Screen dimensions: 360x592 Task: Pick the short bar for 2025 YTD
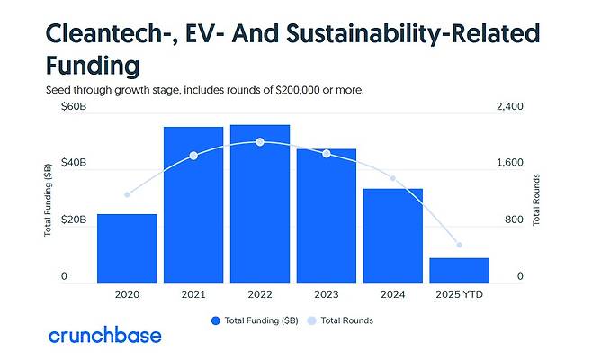[459, 270]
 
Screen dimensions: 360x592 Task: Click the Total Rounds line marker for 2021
[193, 156]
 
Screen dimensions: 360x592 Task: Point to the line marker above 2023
[327, 154]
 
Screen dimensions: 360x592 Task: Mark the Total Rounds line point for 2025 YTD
[459, 245]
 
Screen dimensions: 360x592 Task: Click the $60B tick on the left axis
[73, 107]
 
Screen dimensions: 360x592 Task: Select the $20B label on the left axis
[73, 220]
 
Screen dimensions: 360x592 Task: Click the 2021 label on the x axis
[193, 293]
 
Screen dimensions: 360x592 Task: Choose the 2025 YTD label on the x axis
[459, 293]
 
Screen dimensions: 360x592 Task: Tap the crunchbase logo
[105, 336]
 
